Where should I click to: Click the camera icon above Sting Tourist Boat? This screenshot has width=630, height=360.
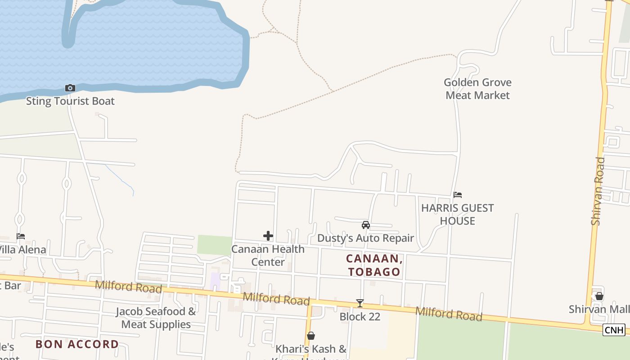70,88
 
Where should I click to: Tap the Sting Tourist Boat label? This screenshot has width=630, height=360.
70,101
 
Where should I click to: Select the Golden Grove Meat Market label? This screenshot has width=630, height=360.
477,89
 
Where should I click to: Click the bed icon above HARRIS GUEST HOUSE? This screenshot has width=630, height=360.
458,195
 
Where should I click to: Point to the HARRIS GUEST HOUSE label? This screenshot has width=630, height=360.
458,214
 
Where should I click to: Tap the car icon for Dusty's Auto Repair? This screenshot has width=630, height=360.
366,225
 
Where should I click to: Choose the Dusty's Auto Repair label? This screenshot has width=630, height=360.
365,238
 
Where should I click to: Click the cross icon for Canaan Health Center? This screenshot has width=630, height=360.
268,236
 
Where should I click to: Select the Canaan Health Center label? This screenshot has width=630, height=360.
268,255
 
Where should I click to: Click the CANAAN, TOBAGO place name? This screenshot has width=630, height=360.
373,265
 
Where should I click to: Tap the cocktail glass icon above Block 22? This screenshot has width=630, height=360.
360,303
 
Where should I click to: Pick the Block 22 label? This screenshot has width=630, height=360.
360,317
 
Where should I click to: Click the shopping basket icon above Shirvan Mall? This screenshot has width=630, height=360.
599,296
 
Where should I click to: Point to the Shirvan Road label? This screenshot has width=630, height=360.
597,191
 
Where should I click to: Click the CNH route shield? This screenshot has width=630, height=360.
614,330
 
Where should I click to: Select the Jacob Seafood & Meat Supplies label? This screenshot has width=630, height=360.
156,318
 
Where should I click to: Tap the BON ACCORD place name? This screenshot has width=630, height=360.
77,344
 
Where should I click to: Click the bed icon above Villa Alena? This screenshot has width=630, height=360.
21,236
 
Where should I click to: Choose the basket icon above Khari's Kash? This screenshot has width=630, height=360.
310,336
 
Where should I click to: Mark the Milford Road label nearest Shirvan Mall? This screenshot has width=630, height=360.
448,314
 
